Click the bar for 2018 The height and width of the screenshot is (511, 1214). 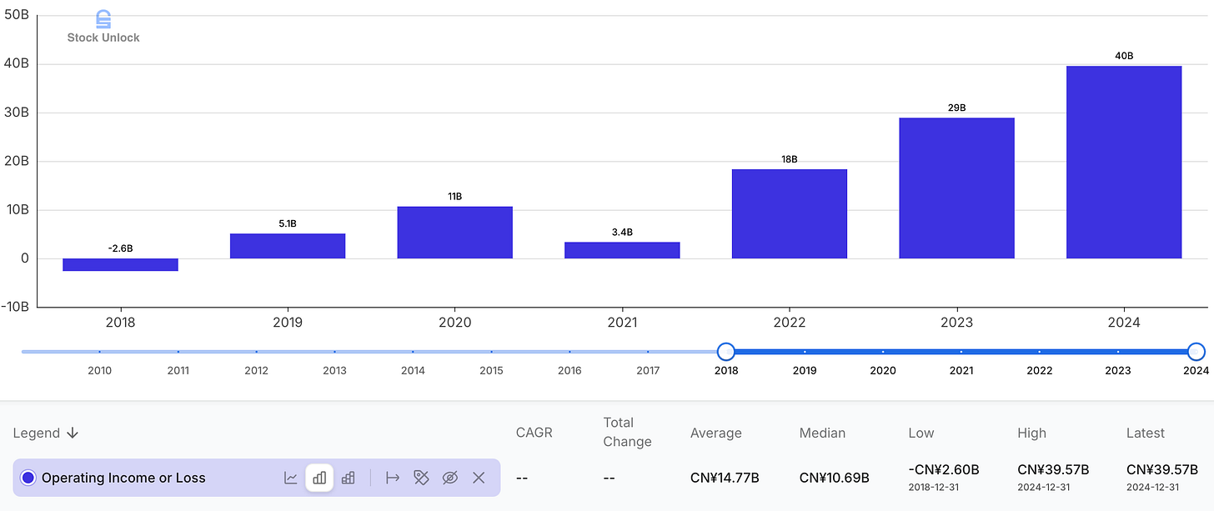pyautogui.click(x=120, y=264)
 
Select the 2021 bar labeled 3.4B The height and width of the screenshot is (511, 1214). pyautogui.click(x=622, y=249)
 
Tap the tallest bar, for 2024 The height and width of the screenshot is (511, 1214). pyautogui.click(x=1124, y=162)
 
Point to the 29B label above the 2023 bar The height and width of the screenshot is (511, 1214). pyautogui.click(x=956, y=108)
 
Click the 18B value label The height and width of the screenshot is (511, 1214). pyautogui.click(x=789, y=158)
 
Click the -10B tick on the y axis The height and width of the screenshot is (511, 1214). pyautogui.click(x=15, y=307)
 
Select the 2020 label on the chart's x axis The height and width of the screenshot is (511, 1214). pyautogui.click(x=454, y=323)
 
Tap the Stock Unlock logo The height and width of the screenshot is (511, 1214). pyautogui.click(x=103, y=27)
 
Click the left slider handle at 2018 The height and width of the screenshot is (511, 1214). pyautogui.click(x=726, y=352)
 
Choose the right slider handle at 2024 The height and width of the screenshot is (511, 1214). pyautogui.click(x=1196, y=352)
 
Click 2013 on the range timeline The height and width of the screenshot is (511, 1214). pyautogui.click(x=334, y=371)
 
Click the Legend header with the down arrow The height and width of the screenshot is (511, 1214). pyautogui.click(x=46, y=433)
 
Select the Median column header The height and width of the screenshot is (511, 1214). pyautogui.click(x=822, y=433)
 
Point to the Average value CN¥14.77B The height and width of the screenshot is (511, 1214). pyautogui.click(x=725, y=478)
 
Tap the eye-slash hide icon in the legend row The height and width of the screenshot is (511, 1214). pyautogui.click(x=449, y=478)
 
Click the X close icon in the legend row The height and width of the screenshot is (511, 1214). pyautogui.click(x=479, y=478)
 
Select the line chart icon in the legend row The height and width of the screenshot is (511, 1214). pyautogui.click(x=291, y=478)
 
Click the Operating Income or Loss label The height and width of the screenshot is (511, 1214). pyautogui.click(x=123, y=478)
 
